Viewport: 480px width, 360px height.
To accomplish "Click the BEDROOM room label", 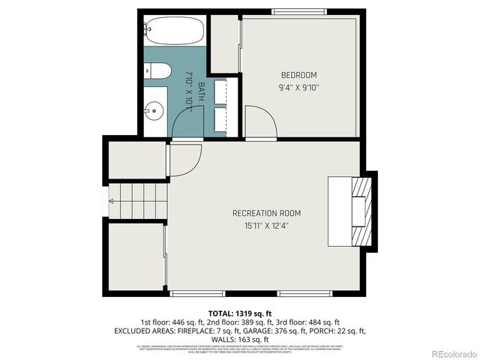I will (x=298, y=75).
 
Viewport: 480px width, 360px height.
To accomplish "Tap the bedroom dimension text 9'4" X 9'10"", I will (x=298, y=86).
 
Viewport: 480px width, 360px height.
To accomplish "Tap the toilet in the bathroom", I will (x=157, y=72).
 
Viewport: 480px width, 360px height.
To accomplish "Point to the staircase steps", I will (x=137, y=201).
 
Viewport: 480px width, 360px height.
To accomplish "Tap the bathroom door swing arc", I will (x=186, y=121).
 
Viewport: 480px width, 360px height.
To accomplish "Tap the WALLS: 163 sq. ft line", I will (x=240, y=339).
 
